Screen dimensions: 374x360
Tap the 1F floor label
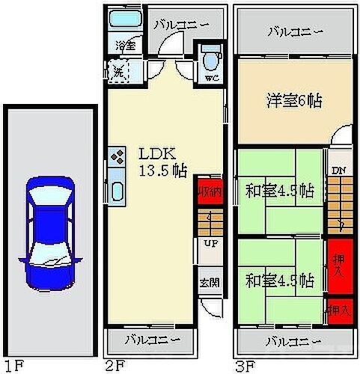[13, 366]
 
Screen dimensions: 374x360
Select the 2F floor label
[114, 366]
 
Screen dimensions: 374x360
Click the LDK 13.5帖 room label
[162, 161]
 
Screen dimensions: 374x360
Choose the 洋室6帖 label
[293, 99]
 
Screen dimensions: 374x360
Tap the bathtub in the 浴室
[122, 19]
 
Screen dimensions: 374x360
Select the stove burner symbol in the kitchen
[118, 158]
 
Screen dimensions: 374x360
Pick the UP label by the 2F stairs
[209, 244]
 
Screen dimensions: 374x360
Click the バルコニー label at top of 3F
[295, 32]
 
